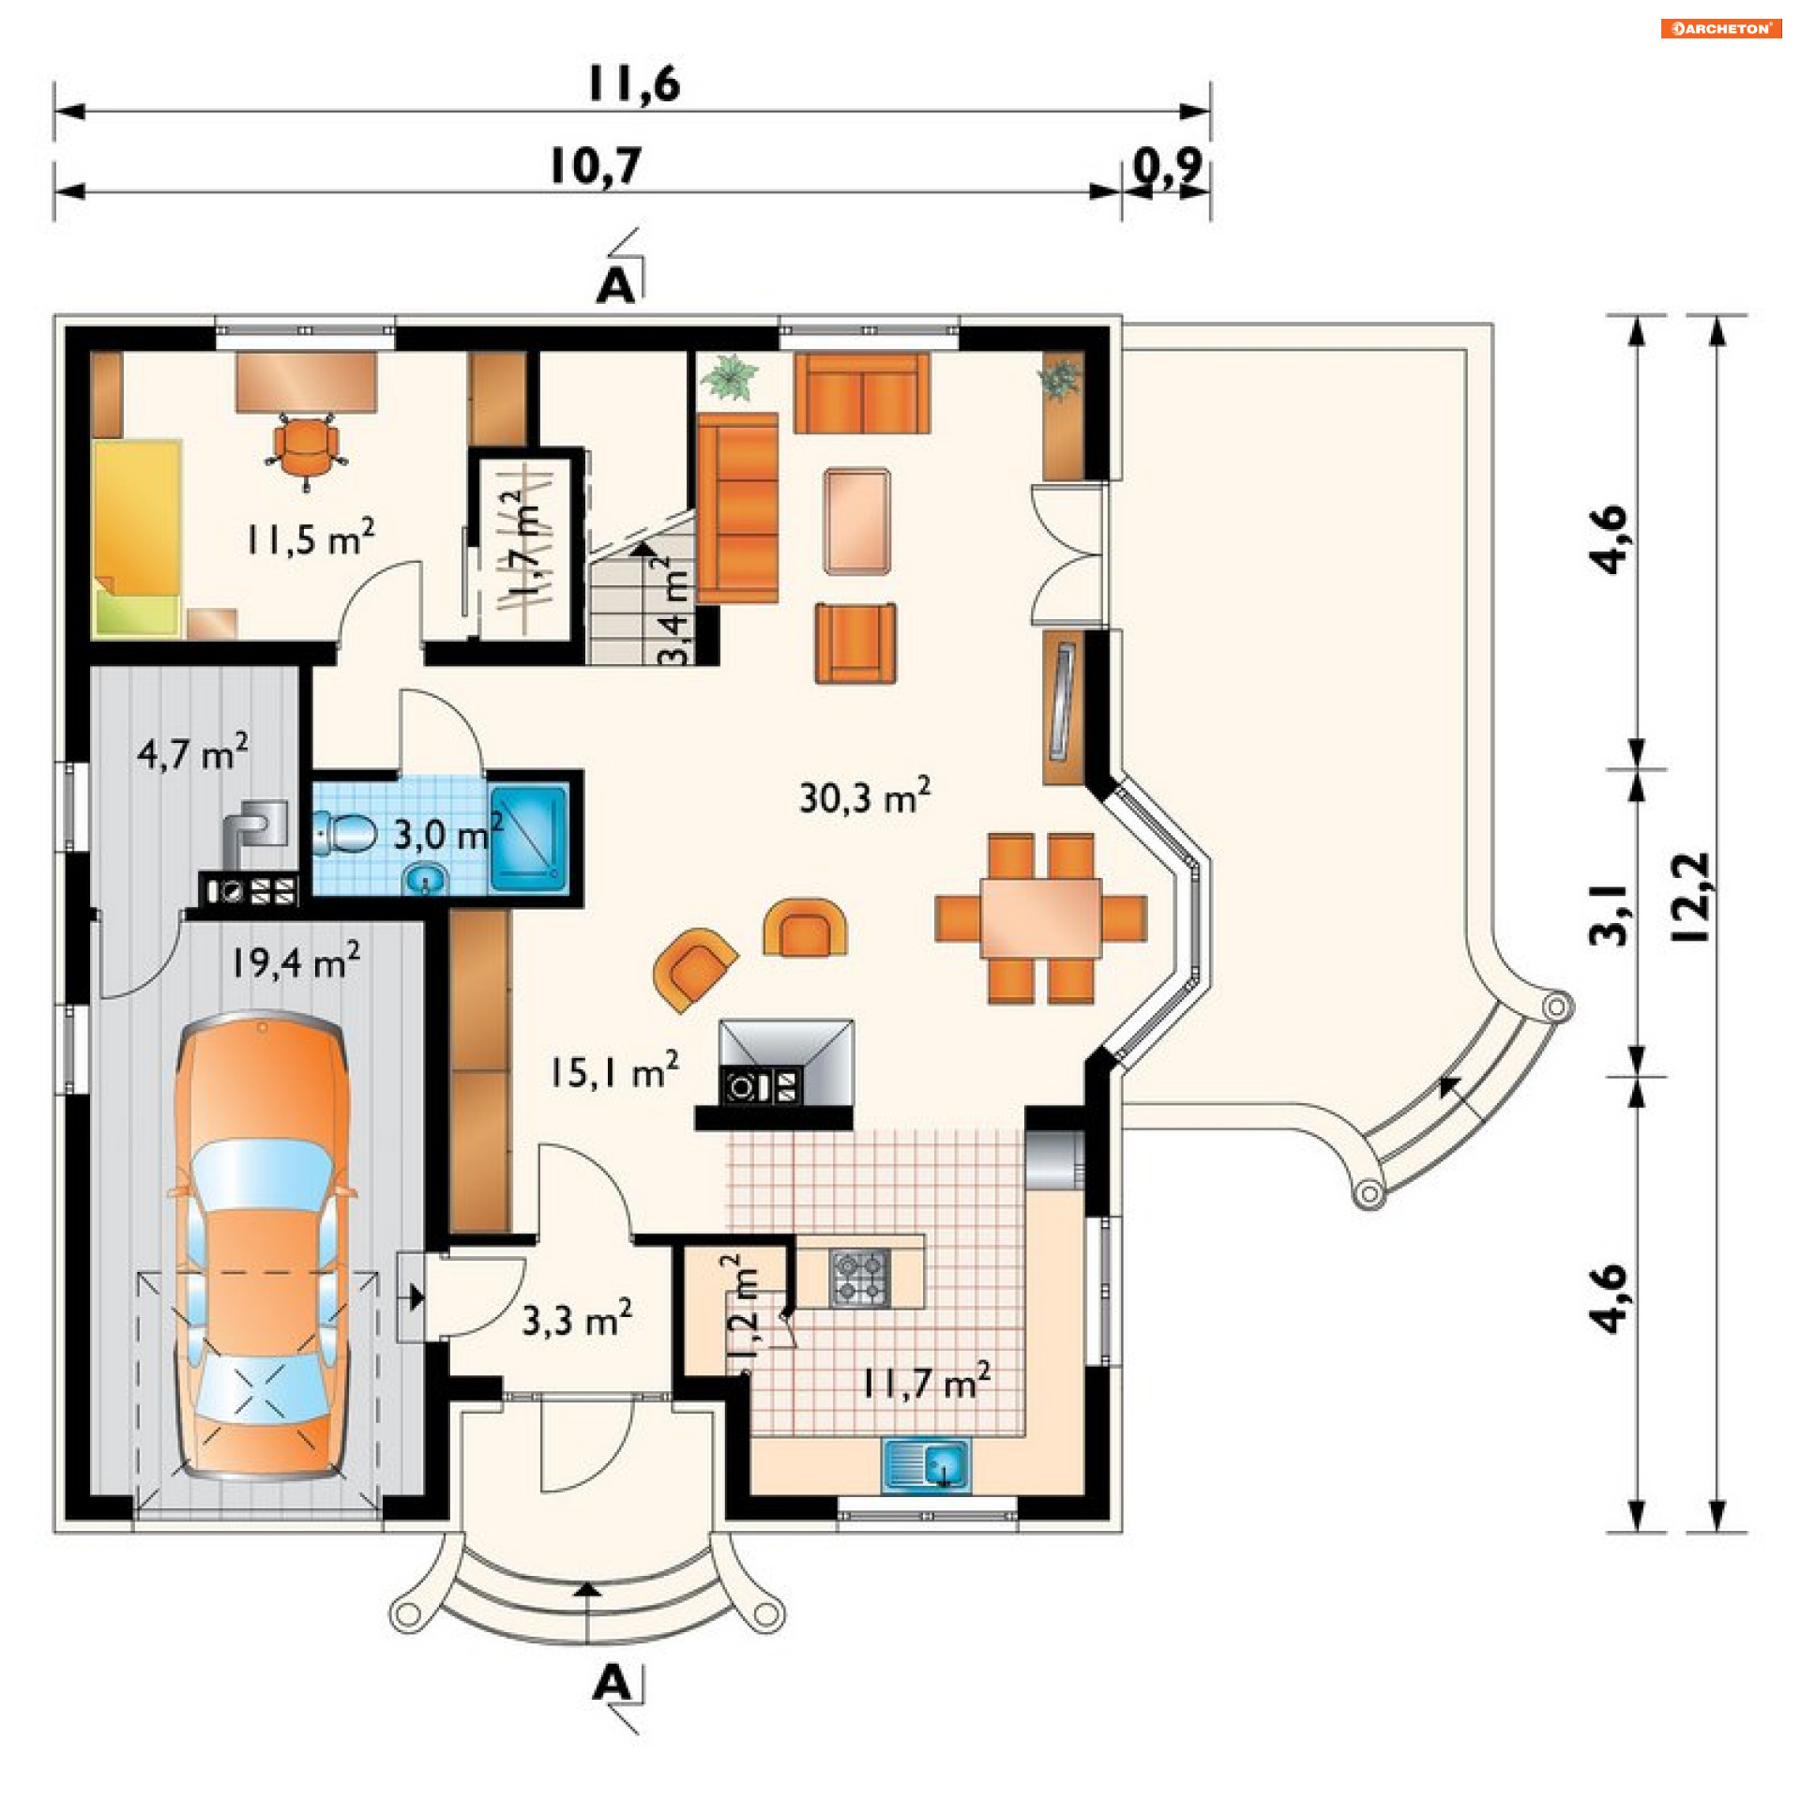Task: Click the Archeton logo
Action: tap(1720, 28)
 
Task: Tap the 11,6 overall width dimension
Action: tap(634, 83)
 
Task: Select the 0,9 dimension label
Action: tap(1167, 166)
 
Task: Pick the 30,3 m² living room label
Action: tap(865, 796)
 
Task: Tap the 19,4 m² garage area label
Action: tap(295, 961)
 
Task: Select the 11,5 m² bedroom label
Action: tap(310, 537)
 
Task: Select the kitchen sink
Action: tap(926, 1465)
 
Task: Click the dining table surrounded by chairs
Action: tap(1040, 917)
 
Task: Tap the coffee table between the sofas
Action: tap(856, 521)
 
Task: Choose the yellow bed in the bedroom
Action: tap(137, 538)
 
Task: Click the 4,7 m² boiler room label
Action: tap(193, 752)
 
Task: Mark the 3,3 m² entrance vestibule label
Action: tap(577, 1318)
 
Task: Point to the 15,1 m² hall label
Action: tap(614, 1070)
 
